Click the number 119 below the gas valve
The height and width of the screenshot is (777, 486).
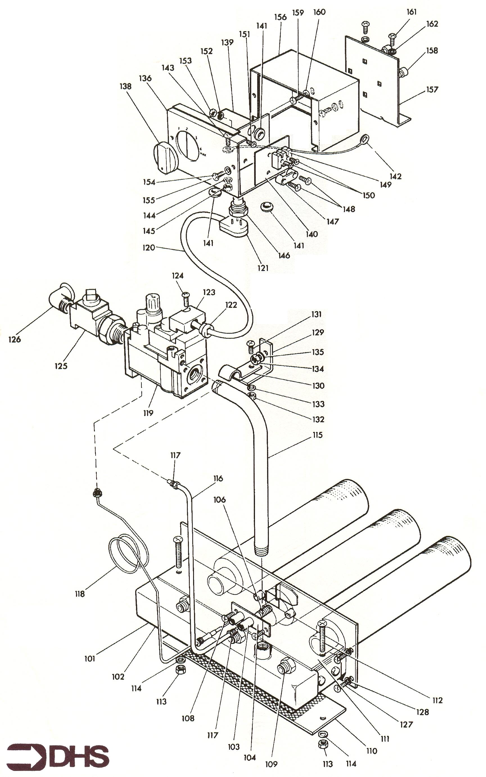[x=148, y=413]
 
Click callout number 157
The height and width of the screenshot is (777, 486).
[x=432, y=89]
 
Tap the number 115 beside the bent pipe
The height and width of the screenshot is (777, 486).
[x=317, y=435]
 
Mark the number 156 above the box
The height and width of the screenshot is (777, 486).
[x=280, y=17]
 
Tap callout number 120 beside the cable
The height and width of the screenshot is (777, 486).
[x=148, y=248]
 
